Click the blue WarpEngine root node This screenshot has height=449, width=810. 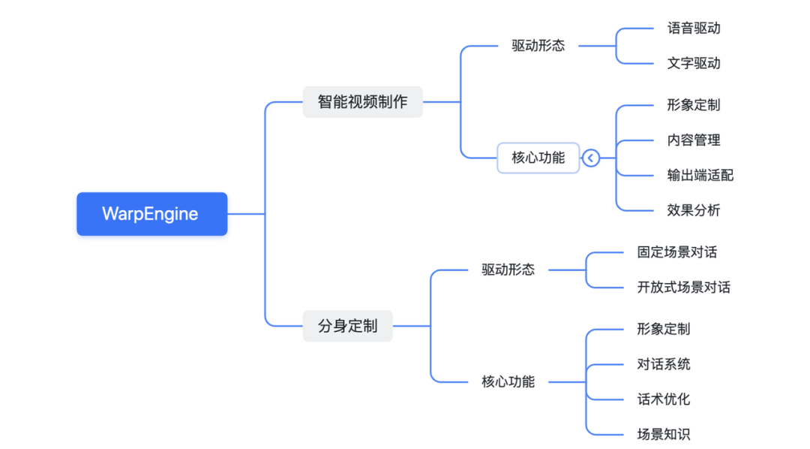click(151, 214)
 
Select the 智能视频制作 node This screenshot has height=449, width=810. click(362, 102)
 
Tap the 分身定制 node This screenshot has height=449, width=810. click(347, 327)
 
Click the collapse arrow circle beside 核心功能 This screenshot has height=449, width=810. click(591, 158)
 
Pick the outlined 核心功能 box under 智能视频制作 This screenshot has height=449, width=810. click(538, 158)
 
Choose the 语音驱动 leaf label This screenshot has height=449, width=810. click(694, 29)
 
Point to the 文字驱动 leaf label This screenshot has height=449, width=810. click(694, 64)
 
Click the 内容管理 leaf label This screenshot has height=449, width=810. click(694, 140)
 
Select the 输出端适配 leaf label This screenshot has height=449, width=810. click(700, 176)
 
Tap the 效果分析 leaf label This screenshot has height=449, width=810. click(694, 211)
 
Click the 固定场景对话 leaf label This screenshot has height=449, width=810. click(676, 252)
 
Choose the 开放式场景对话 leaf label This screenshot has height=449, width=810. click(683, 288)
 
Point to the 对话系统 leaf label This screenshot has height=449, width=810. click(664, 364)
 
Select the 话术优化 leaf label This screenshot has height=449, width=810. click(664, 399)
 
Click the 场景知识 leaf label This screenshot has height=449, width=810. click(664, 435)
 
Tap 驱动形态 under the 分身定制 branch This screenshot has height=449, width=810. click(508, 270)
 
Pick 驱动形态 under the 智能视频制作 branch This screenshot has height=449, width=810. click(538, 46)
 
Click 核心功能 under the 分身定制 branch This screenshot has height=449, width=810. click(508, 382)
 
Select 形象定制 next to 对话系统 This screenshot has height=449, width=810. click(664, 329)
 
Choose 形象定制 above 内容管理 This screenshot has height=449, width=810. click(694, 105)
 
